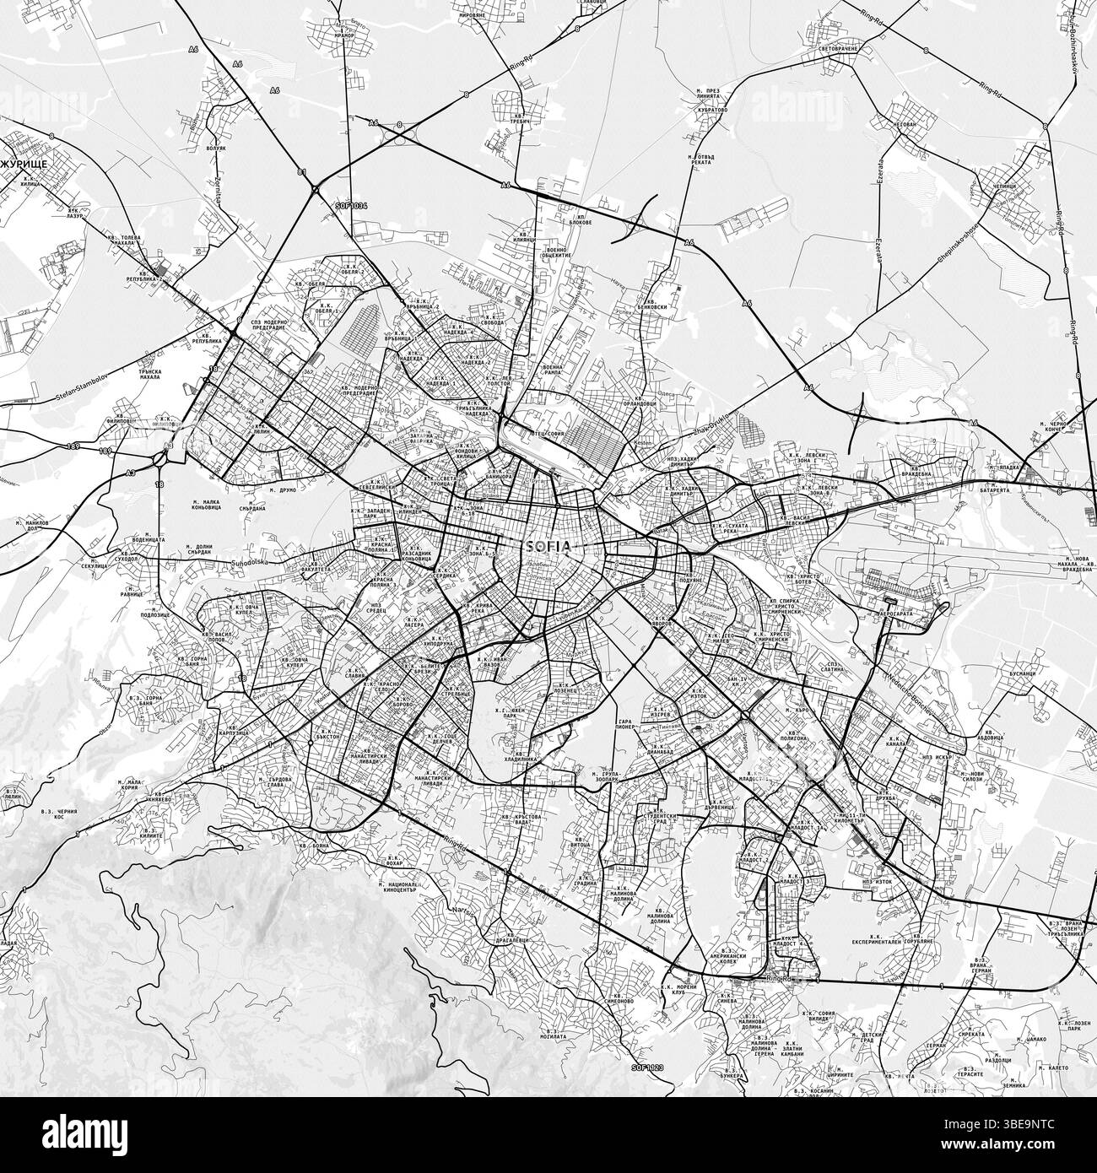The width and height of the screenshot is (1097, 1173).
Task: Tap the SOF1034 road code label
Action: point(352,205)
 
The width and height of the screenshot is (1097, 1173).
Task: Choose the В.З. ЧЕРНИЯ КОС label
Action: point(59,816)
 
